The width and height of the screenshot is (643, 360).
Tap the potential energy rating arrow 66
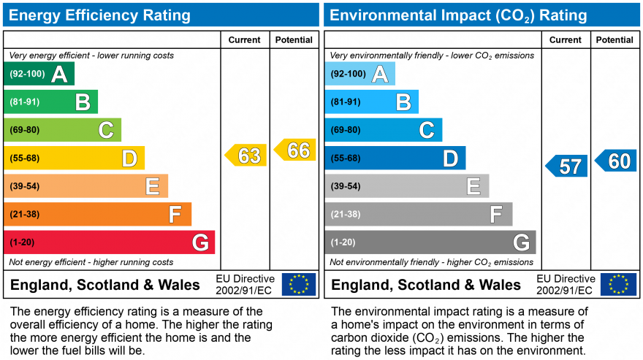tap(296, 150)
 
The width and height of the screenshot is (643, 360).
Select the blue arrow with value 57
tap(568, 166)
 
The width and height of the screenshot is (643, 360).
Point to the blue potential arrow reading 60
tap(617, 161)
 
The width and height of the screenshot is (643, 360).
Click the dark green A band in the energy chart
tap(39, 74)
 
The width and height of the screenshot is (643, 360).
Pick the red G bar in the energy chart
tap(110, 242)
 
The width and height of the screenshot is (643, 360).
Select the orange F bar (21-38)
tap(97, 214)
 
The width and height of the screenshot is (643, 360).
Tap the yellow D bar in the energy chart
tap(74, 158)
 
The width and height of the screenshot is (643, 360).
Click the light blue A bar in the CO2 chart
tap(359, 74)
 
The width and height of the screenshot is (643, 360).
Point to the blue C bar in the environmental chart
tap(383, 130)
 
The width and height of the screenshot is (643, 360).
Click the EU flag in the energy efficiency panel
tap(299, 284)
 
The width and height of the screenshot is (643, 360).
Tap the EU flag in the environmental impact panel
tap(618, 284)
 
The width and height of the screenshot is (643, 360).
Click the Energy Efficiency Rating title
tap(100, 15)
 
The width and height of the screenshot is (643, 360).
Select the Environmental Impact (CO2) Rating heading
tap(459, 15)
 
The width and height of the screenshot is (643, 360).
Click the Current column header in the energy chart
tap(245, 40)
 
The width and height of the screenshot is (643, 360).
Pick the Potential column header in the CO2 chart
tap(615, 40)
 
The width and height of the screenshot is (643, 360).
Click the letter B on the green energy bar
tap(83, 102)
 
